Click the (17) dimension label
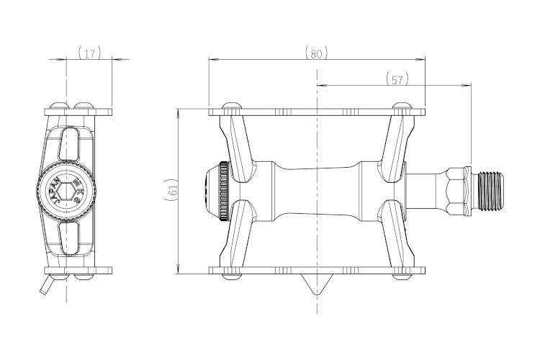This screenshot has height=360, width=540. pos(89,53)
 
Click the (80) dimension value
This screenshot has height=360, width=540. pos(317,53)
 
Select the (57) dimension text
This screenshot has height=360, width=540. pos(397,79)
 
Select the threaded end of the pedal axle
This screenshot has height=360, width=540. pos(490,191)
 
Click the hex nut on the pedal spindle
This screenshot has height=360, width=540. pos(456,191)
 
